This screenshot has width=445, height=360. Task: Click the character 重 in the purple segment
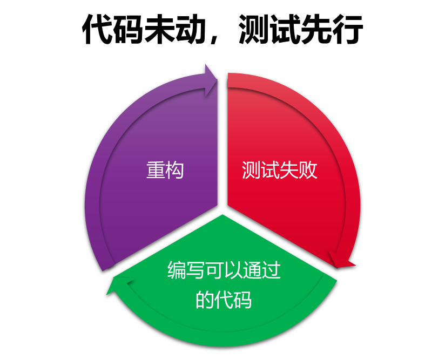(x=156, y=170)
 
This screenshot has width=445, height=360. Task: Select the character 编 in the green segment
(x=177, y=270)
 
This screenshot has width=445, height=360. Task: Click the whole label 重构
(x=165, y=170)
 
